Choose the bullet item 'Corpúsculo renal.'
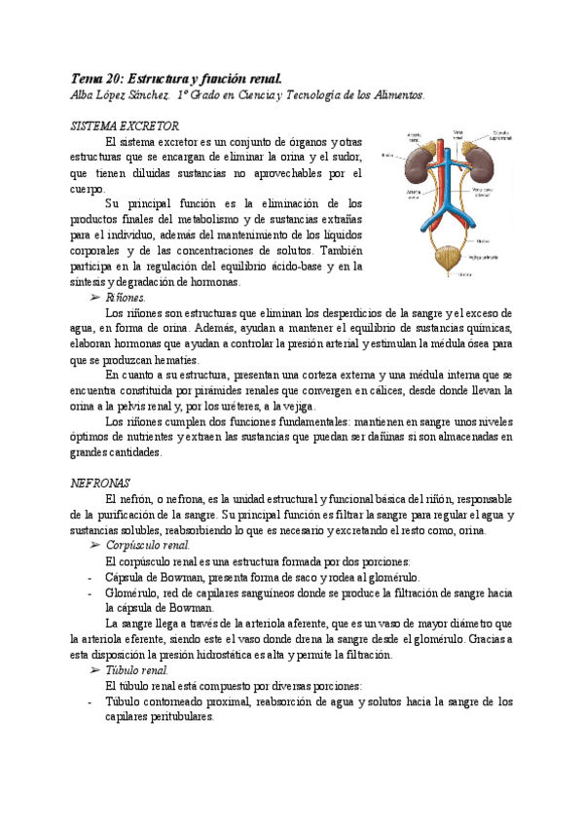coord(147,546)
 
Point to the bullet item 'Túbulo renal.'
coord(135,670)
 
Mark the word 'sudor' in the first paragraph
coord(346,158)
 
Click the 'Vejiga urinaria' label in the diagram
coord(489,258)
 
